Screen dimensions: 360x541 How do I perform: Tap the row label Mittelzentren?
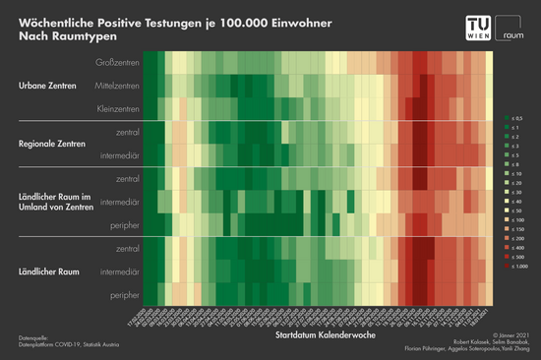pos(116,87)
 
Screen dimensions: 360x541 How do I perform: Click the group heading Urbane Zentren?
pos(46,87)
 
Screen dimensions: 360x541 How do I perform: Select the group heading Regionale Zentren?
pos(51,144)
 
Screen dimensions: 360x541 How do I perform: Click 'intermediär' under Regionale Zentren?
pos(119,155)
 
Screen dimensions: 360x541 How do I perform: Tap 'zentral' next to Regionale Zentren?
pos(127,133)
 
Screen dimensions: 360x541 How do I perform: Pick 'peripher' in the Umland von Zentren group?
pos(123,223)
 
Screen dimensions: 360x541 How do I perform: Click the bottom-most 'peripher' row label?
pos(123,293)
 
